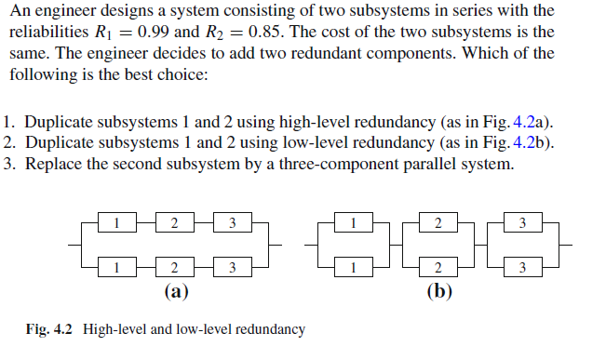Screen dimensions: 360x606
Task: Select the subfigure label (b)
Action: click(438, 291)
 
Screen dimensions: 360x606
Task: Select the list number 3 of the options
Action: click(8, 165)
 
